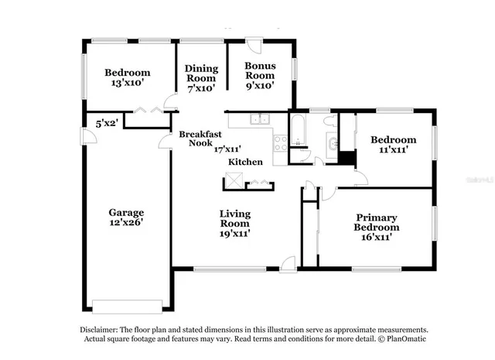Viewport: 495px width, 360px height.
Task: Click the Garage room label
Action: pos(125,211)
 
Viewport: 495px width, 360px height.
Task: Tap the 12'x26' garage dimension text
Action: pos(125,222)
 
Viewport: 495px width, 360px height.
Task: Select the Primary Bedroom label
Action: pos(377,222)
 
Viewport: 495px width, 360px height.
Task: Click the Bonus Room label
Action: pos(260,71)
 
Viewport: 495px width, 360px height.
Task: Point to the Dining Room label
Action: pos(201,73)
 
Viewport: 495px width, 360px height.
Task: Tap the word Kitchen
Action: pos(245,162)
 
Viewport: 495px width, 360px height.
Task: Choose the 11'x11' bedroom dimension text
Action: pos(393,151)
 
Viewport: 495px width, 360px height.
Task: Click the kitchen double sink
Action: pos(260,119)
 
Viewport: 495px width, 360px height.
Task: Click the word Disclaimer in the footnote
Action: pos(100,329)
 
